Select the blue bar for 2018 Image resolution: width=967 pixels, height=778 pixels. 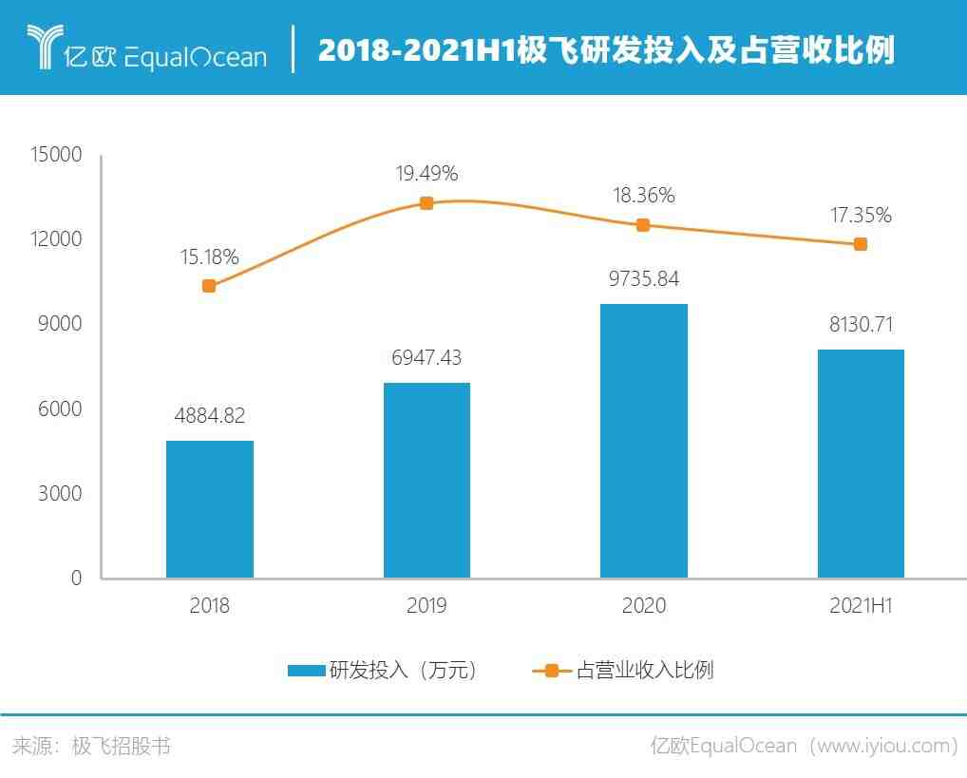click(210, 509)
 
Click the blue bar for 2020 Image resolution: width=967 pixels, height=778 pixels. click(644, 441)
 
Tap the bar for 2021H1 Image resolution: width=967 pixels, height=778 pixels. click(861, 464)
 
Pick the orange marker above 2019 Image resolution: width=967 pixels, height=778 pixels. click(427, 203)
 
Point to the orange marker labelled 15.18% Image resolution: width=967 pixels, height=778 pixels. click(210, 286)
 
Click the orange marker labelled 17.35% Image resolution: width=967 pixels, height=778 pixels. click(861, 244)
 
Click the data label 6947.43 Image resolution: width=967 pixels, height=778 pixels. click(427, 358)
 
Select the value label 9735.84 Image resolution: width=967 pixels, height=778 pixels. click(644, 279)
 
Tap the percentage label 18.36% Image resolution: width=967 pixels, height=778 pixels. click(644, 196)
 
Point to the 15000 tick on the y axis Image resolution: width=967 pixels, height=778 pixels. click(57, 155)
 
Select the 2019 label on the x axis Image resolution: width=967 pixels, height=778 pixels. click(427, 606)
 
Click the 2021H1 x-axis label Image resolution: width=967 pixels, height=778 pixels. click(861, 606)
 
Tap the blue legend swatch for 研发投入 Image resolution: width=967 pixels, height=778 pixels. click(306, 671)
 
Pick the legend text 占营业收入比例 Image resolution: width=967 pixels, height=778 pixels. click(645, 671)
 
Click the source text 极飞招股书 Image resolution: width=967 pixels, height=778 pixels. click(122, 746)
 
